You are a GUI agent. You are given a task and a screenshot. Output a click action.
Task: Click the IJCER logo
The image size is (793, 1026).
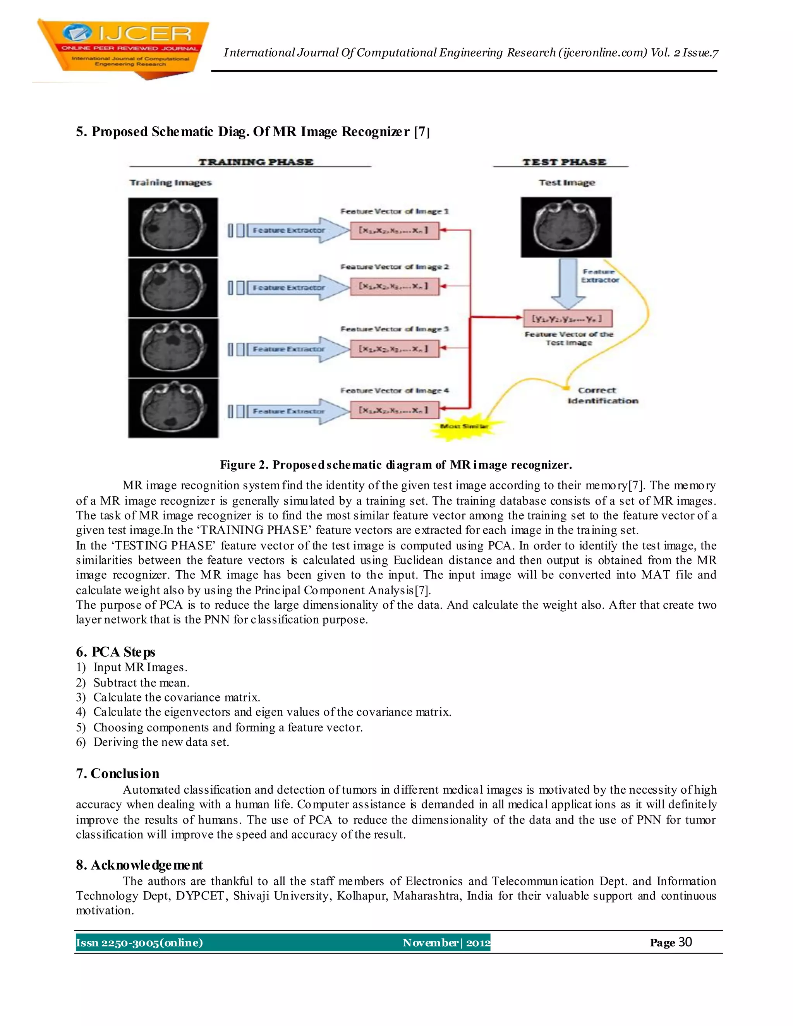coord(123,48)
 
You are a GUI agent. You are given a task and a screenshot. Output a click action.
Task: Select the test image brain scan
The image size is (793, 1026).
coord(566,227)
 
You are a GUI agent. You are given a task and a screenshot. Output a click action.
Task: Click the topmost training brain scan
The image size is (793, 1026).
coord(173,227)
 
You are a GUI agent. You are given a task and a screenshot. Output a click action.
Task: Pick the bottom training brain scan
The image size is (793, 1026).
coord(173,408)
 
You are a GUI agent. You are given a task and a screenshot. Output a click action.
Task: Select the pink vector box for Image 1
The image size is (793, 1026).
coord(394,230)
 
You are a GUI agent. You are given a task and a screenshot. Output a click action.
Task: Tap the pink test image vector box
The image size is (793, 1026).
coord(568,319)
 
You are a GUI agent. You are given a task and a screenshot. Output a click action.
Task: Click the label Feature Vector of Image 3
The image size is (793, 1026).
coord(395,329)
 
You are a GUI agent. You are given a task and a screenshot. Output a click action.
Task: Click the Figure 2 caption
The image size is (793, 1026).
coord(396,465)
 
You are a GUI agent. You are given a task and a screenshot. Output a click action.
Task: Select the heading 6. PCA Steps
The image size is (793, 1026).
coord(115,652)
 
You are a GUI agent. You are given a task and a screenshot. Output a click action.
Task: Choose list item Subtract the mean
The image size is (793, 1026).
coord(141,682)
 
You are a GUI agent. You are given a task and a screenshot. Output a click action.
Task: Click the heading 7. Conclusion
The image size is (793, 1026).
coord(117,773)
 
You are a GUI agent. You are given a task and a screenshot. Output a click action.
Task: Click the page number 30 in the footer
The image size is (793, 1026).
coord(685,942)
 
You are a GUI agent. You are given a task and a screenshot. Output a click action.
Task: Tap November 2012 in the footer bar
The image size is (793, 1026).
coord(445,942)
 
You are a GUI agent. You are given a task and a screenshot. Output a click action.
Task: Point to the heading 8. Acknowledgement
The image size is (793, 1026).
coord(139,865)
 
